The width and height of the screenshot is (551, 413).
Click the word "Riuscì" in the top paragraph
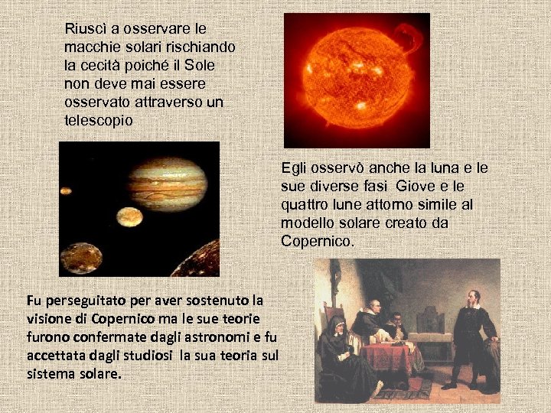[85, 29]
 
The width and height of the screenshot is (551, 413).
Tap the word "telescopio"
[99, 120]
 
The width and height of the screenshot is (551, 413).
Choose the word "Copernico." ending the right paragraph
[318, 241]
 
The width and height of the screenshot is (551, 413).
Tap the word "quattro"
[306, 204]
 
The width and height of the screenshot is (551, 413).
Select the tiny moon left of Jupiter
[67, 191]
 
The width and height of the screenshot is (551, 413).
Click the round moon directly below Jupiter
[131, 217]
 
